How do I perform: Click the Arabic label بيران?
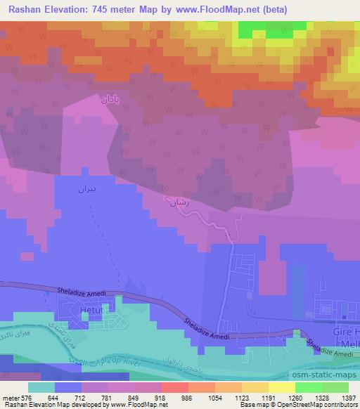[x=84, y=190]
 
